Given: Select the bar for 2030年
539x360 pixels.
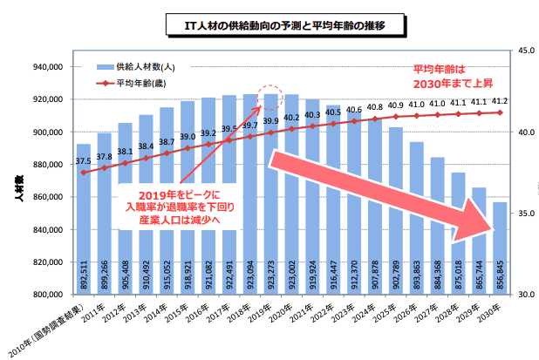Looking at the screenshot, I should coord(500,248).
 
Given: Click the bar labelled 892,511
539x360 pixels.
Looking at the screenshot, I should coord(84,218).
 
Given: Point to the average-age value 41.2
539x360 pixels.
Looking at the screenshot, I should coord(500,102).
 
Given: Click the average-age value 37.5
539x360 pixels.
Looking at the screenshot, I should coord(84,161).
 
